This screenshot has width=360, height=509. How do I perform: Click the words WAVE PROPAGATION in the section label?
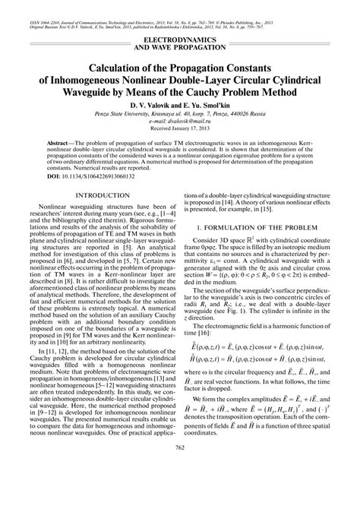tap(180, 45)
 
